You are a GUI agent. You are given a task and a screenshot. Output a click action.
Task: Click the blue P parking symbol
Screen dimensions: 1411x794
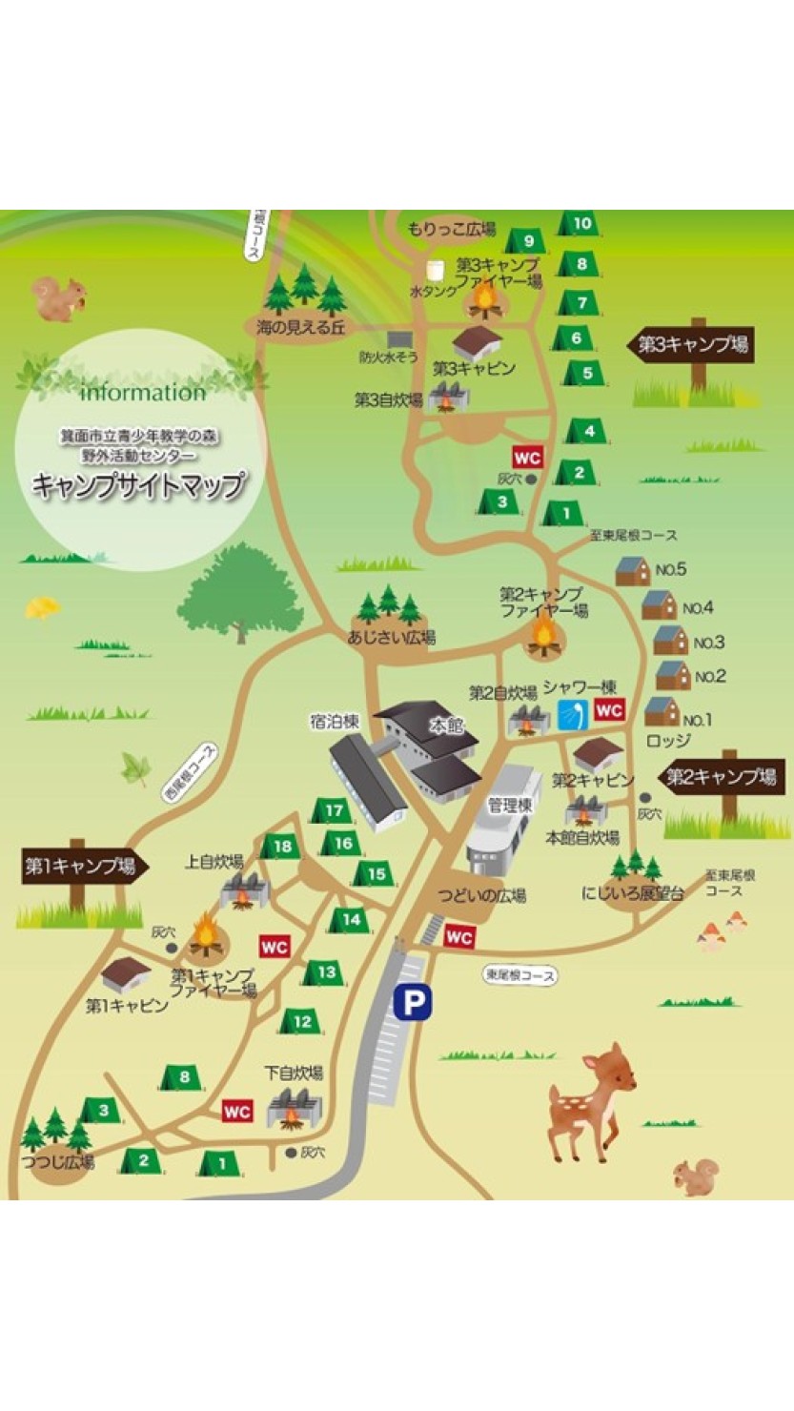pos(414,1002)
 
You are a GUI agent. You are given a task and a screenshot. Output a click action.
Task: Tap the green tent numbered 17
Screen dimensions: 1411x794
pos(333,811)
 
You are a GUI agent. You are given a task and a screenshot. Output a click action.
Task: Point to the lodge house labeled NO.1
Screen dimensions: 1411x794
pos(661,711)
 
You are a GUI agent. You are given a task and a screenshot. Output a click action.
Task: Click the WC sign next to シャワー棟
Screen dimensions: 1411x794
pos(609,710)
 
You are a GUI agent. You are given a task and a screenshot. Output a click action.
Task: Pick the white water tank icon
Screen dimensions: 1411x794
pos(437,272)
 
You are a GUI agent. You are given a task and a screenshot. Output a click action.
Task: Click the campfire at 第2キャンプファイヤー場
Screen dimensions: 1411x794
pos(542,636)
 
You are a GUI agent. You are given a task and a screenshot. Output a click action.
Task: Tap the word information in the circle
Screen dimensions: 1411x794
pos(143,393)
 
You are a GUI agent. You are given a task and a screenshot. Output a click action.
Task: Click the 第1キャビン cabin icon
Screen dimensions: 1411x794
pos(126,973)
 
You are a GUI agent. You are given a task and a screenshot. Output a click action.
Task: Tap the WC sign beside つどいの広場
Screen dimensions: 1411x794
pos(459,937)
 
